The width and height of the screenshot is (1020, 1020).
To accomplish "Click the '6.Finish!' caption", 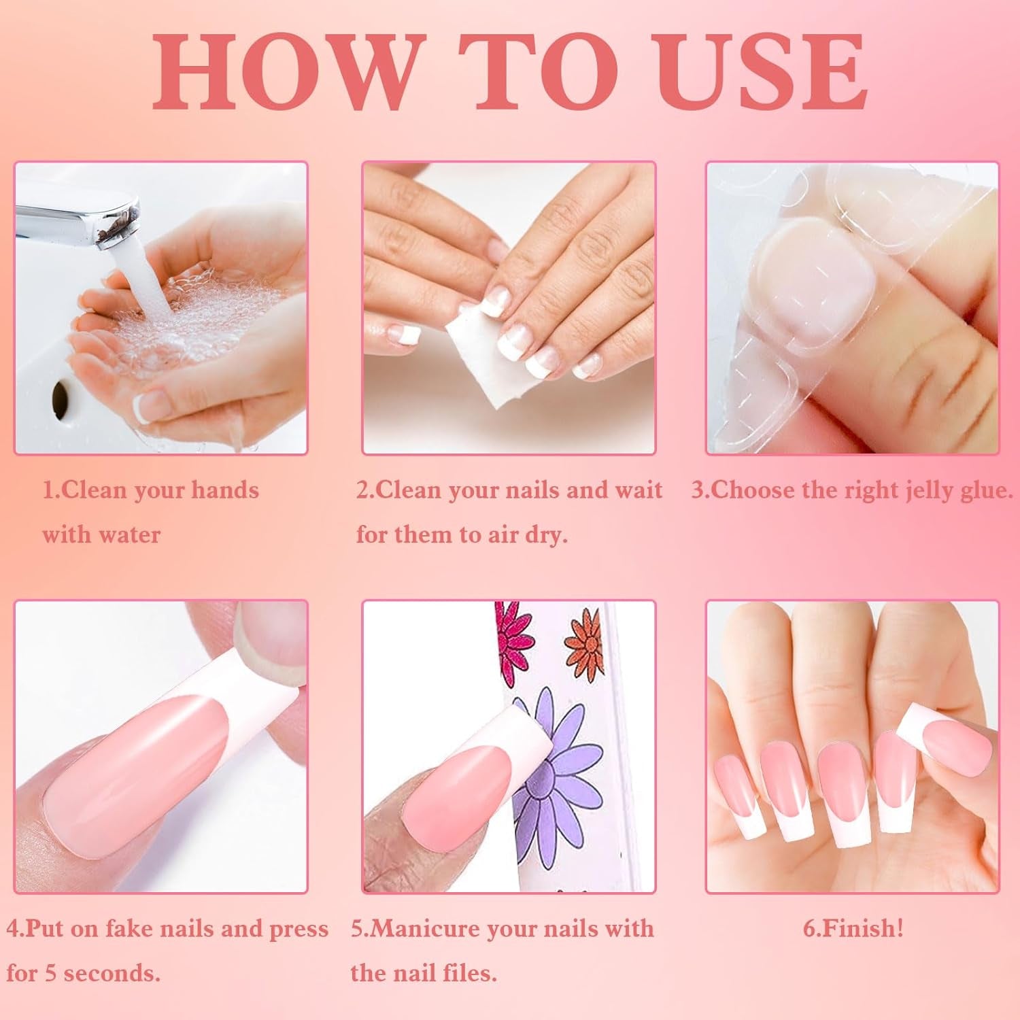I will point(853,928).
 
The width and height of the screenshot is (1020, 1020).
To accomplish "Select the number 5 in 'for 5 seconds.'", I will point(51,973).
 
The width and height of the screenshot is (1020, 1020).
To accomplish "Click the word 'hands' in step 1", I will point(224,490).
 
